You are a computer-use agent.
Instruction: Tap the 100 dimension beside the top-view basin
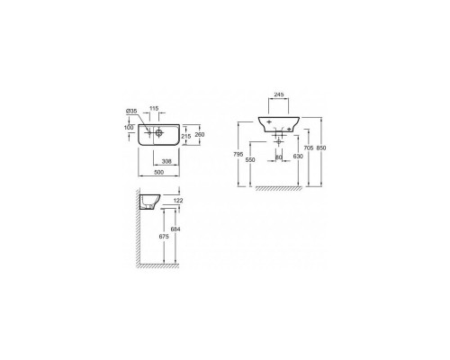129,128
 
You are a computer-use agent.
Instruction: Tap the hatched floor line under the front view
279,189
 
